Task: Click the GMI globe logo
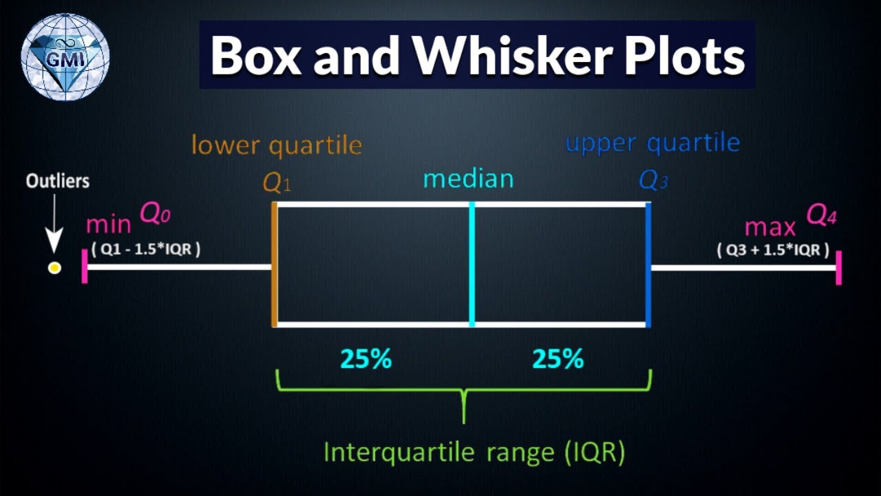click(65, 56)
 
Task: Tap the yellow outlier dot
click(54, 268)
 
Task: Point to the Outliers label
click(58, 181)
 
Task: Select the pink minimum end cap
click(85, 267)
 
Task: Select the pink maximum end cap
click(838, 267)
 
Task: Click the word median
click(468, 179)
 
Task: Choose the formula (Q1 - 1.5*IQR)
click(146, 249)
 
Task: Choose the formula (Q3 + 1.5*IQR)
click(772, 249)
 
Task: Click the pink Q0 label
click(155, 215)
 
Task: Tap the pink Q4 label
click(821, 216)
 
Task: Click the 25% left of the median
click(365, 359)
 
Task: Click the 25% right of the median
click(558, 359)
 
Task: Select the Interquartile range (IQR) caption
click(474, 453)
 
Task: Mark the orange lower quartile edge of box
click(275, 265)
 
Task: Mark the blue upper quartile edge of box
click(648, 265)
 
